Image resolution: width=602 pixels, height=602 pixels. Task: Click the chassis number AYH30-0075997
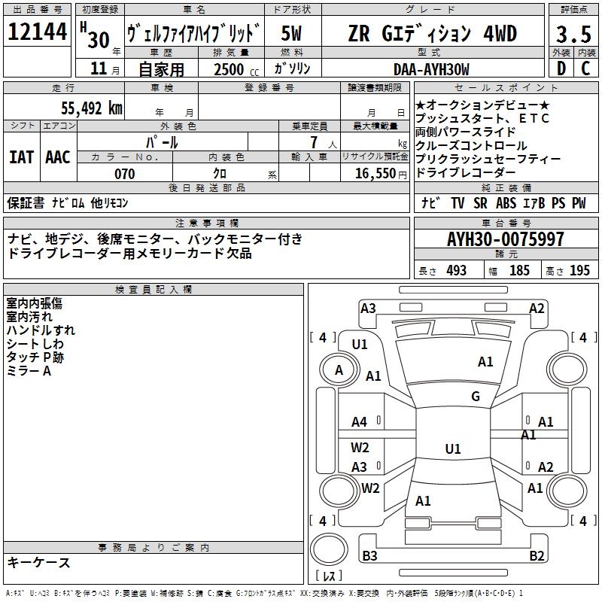[505, 240]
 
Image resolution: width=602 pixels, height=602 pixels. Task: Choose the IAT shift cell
[21, 157]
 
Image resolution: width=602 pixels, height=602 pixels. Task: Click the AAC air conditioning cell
[58, 157]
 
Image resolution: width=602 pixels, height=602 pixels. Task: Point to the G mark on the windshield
[475, 397]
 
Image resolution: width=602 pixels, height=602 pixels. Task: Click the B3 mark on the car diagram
[369, 556]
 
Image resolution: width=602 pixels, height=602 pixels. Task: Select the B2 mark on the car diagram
[537, 556]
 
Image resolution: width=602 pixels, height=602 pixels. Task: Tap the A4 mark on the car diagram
[360, 422]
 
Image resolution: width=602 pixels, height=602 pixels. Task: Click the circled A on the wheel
[339, 370]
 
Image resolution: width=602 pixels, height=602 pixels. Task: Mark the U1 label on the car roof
[452, 449]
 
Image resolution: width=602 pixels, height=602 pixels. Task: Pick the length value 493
[457, 271]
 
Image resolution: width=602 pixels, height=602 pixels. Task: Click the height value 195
[579, 271]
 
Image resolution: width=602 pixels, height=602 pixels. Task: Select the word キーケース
[39, 563]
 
